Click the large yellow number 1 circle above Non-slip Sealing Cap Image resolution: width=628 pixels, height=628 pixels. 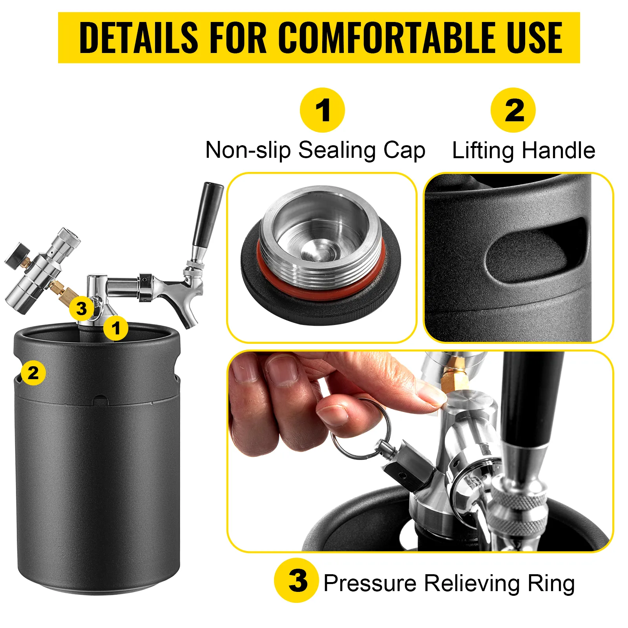322,110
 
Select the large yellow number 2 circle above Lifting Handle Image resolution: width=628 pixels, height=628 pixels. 513,110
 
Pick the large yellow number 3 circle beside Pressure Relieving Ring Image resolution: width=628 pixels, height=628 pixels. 296,580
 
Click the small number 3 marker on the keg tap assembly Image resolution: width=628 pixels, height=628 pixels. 81,309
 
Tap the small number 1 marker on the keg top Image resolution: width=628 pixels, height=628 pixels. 116,328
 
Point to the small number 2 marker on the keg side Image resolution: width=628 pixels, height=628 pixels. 33,372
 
